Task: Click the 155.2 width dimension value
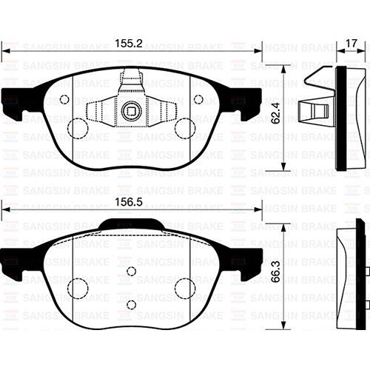131,43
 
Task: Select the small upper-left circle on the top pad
64,99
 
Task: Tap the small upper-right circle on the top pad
198,99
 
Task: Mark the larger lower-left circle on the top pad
78,128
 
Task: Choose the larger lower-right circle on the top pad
184,128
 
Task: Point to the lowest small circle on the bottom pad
131,304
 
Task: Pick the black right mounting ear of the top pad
249,99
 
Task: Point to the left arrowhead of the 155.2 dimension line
4,52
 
